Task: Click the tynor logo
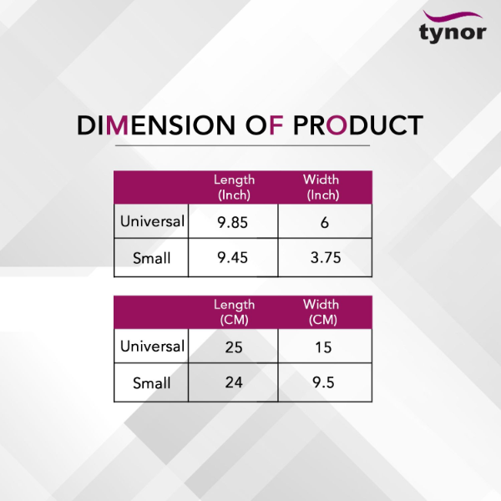point(453,27)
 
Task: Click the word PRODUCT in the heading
point(358,125)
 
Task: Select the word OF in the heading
point(264,125)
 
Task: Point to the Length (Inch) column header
point(234,187)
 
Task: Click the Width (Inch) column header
point(321,187)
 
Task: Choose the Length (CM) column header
point(234,312)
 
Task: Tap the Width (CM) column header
point(321,312)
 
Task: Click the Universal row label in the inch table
point(152,221)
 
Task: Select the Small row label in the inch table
point(151,258)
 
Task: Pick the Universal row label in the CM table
point(152,346)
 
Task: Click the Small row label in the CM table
point(151,382)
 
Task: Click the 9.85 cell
point(233,222)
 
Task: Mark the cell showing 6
point(325,222)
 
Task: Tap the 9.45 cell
point(233,257)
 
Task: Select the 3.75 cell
point(326,257)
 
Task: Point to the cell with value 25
point(234,347)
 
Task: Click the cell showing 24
point(234,382)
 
